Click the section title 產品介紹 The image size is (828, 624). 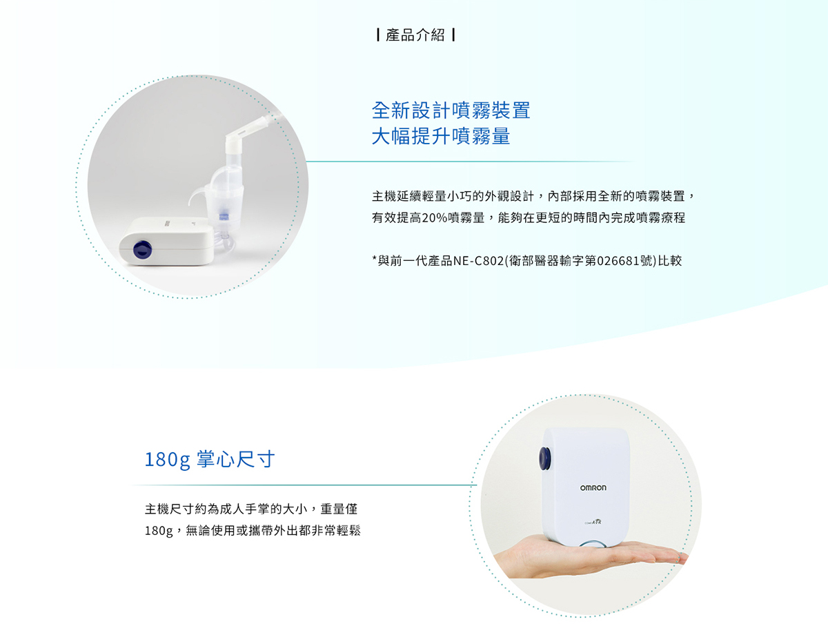click(415, 35)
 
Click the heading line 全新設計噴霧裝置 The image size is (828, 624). click(451, 110)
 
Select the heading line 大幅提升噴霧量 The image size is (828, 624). click(441, 136)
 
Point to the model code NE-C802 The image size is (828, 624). click(478, 261)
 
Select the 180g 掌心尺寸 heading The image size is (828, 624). click(210, 460)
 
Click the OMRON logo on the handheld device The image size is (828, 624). click(593, 488)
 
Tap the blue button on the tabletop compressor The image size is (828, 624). click(142, 249)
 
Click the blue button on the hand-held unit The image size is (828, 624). click(544, 458)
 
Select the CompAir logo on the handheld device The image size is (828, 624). click(593, 522)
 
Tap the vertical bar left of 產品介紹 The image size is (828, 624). click(377, 35)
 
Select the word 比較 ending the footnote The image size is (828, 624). click(669, 261)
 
